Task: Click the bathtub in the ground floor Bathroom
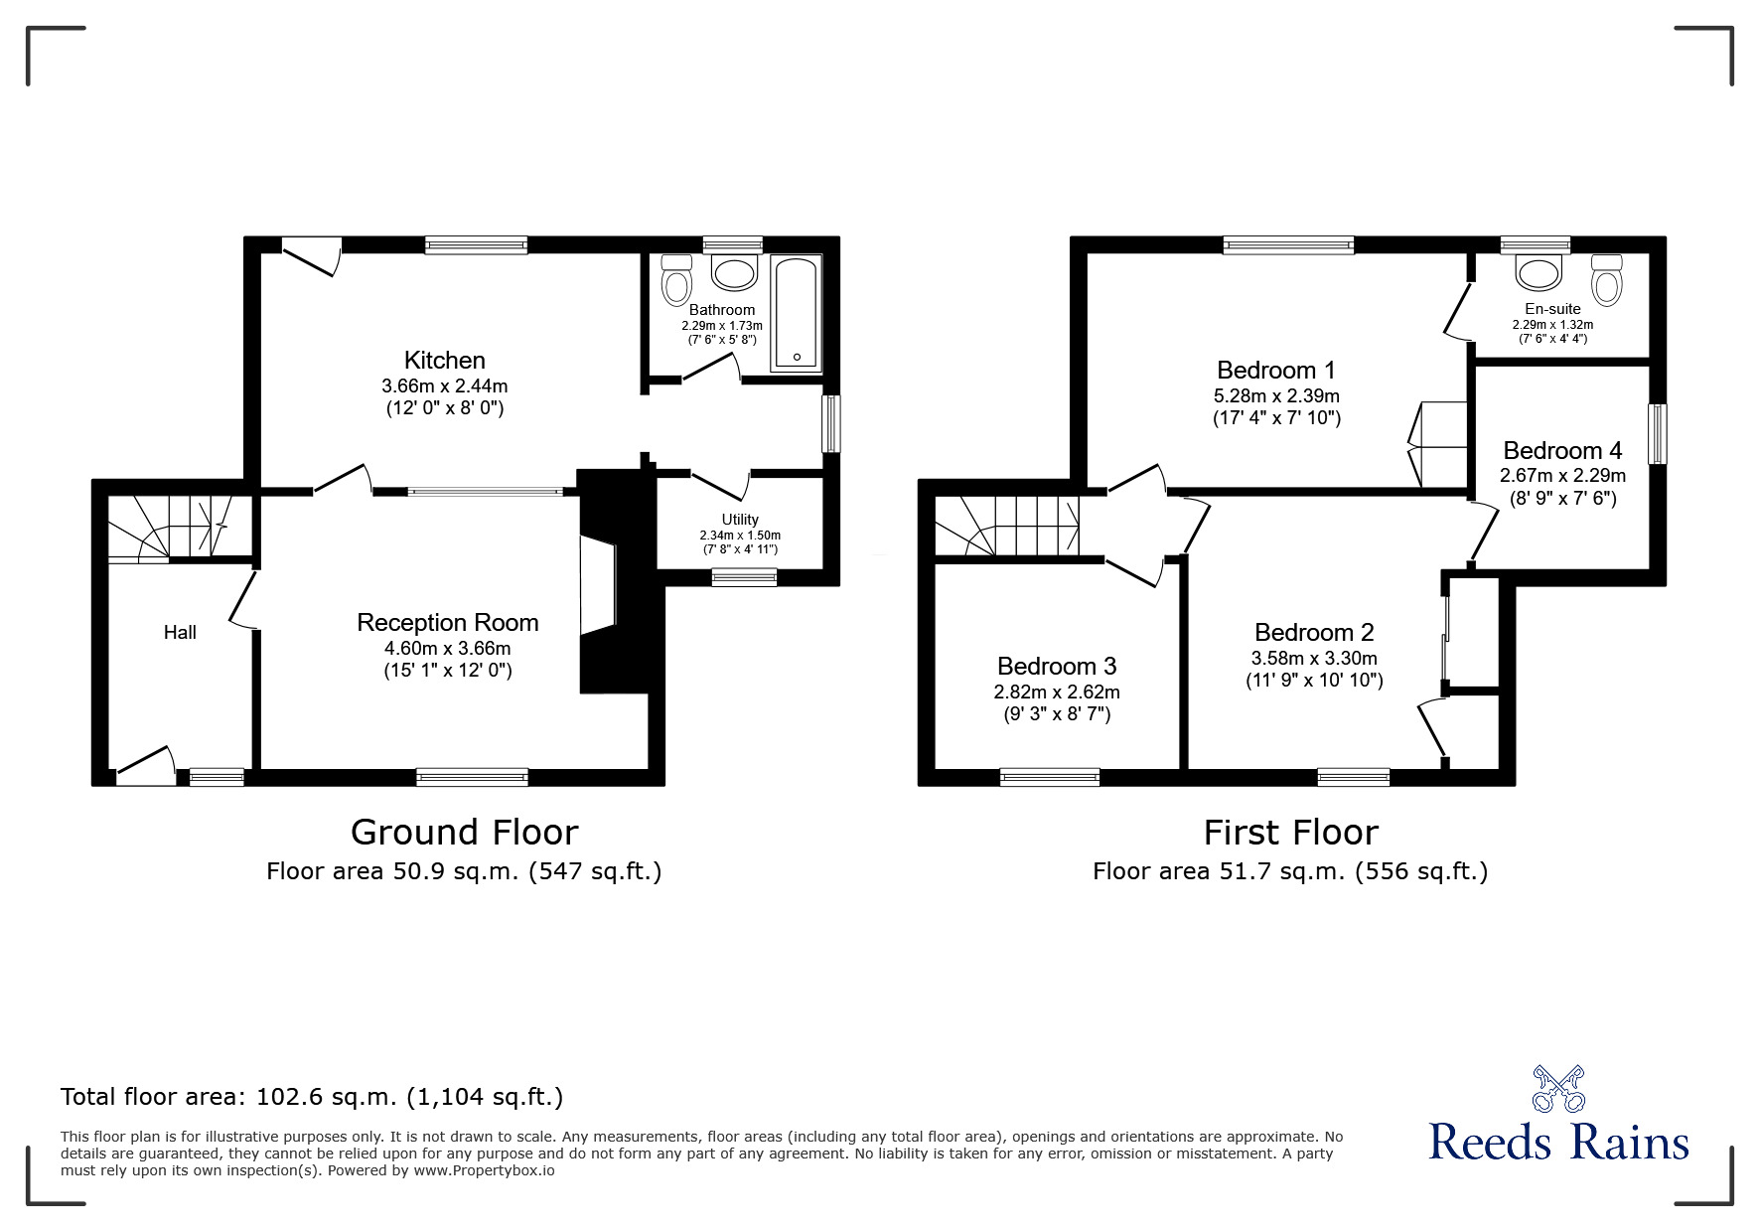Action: point(797,313)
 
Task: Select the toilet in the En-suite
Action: point(1606,279)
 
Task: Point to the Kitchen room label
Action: point(445,360)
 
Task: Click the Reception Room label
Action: point(448,623)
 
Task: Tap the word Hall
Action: point(180,632)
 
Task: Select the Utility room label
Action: point(740,520)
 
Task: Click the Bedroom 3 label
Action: point(1057,666)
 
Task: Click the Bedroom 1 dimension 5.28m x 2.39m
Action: point(1277,395)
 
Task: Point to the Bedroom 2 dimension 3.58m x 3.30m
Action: point(1314,658)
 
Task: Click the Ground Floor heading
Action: point(464,832)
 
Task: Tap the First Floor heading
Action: point(1291,832)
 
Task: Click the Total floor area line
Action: point(312,1097)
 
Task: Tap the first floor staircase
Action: point(1007,527)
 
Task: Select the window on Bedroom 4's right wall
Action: point(1658,434)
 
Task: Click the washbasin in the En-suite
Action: point(1539,272)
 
